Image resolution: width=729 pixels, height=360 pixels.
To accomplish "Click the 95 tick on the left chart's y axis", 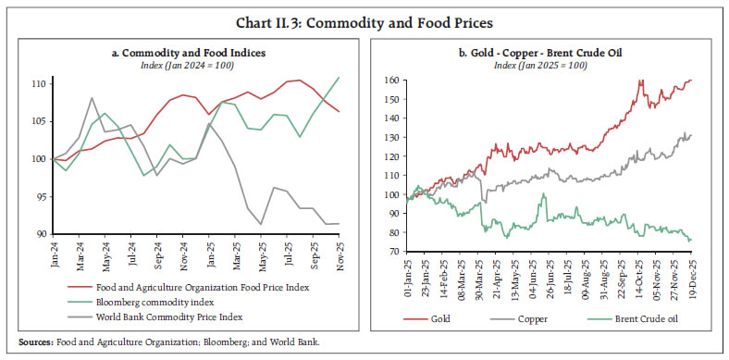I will [41, 196].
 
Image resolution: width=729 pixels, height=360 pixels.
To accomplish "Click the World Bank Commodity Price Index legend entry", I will [156, 316].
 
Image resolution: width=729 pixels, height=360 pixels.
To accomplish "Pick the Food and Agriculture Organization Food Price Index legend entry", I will [189, 288].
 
